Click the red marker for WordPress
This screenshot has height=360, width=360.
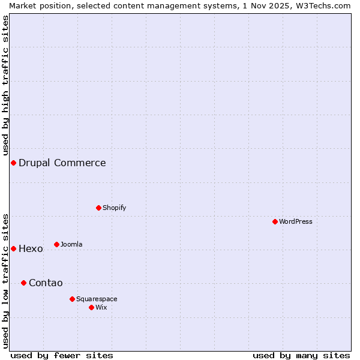coord(275,221)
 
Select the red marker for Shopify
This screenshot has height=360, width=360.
coord(98,208)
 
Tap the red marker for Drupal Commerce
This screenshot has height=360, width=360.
coord(13,163)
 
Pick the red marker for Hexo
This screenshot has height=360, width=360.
coord(13,248)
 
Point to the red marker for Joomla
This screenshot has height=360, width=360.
coord(56,244)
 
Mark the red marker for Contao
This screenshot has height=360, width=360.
coord(23,283)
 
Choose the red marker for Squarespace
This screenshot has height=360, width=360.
coord(72,299)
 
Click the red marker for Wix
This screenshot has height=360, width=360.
coord(91,307)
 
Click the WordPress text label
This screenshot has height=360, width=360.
coord(296,221)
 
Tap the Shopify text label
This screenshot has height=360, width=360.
coord(115,208)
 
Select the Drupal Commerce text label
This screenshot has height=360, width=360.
coord(62,163)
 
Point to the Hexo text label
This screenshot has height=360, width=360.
coord(31,248)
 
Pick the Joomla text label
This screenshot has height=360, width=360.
coord(71,244)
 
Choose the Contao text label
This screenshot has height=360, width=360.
coord(46,283)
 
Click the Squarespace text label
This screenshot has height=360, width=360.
coord(97,299)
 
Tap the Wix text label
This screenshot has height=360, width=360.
coord(101,307)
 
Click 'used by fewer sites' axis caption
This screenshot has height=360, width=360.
coord(62,355)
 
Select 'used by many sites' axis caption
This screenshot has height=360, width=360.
coord(301,355)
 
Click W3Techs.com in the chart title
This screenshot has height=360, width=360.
coord(322,5)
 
